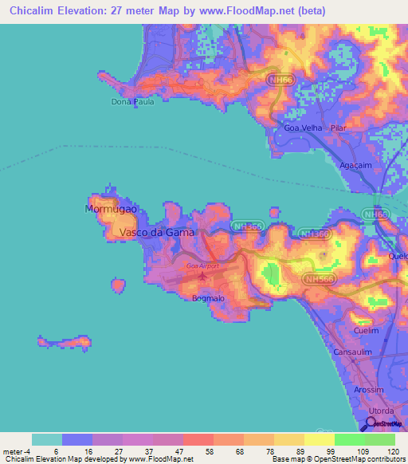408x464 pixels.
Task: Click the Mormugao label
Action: point(112,209)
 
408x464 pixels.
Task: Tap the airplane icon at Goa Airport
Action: point(203,276)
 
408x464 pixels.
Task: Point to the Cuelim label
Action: point(366,329)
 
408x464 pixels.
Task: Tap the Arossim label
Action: point(368,390)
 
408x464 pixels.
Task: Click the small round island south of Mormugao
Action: point(119,285)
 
